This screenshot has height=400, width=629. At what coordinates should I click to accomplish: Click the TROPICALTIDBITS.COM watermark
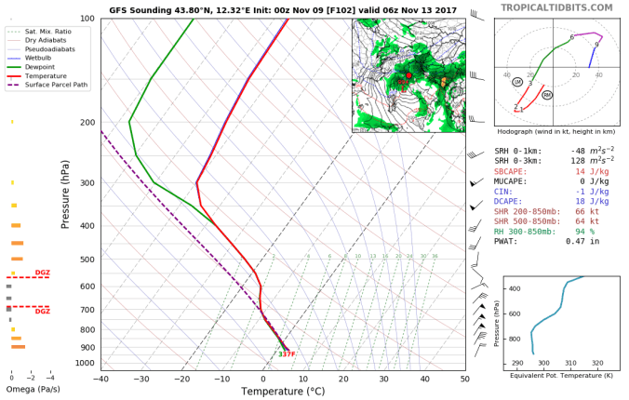(x=557, y=7)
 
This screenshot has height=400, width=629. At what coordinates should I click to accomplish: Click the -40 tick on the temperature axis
(x=100, y=379)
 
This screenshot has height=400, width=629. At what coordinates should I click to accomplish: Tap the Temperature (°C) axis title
(x=282, y=391)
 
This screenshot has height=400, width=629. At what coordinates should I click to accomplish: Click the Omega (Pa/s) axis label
(x=28, y=389)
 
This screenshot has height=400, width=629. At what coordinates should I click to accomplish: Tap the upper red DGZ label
(x=43, y=273)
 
